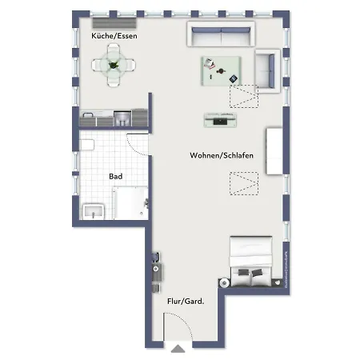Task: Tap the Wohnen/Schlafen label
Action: pyautogui.click(x=222, y=155)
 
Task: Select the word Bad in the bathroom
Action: pyautogui.click(x=115, y=176)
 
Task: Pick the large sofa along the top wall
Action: pyautogui.click(x=220, y=34)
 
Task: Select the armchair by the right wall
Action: pyautogui.click(x=266, y=69)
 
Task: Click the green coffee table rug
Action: pyautogui.click(x=220, y=70)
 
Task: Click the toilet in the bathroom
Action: pyautogui.click(x=88, y=146)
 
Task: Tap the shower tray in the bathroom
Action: pyautogui.click(x=130, y=205)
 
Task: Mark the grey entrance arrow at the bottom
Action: pyautogui.click(x=176, y=349)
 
